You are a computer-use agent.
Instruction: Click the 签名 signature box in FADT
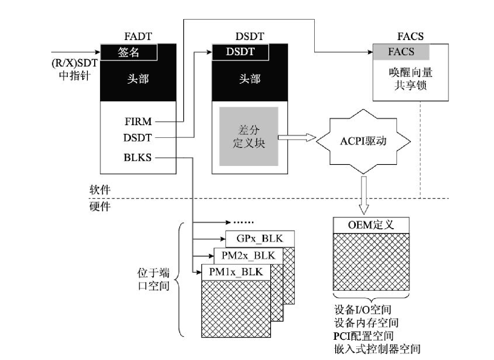pos(128,52)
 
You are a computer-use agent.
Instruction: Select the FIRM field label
pos(138,122)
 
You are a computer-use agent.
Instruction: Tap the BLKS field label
pos(137,158)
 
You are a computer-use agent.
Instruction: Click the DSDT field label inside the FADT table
pos(137,138)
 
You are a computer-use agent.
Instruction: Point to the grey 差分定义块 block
pos(249,136)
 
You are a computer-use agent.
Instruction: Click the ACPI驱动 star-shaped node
pos(363,141)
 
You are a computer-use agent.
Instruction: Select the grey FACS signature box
pos(401,52)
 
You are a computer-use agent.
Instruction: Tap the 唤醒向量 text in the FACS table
pos(411,73)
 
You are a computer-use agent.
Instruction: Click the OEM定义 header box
pos(371,225)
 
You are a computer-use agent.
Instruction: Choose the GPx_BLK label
pos(260,239)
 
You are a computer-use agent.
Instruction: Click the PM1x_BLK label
pos(236,272)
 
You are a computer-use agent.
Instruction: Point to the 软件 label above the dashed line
pos(100,190)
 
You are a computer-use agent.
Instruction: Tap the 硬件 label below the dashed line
pos(100,207)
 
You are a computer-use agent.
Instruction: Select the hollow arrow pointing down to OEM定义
pos(364,195)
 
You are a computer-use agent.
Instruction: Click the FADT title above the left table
pos(138,36)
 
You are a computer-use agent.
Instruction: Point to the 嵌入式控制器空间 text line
pos(377,349)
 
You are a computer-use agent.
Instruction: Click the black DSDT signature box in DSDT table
pos(240,52)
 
